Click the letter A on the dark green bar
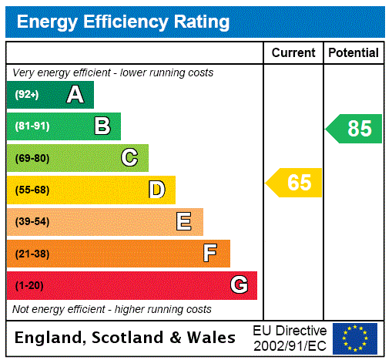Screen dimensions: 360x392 coord(75,95)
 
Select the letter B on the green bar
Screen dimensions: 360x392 coord(102,126)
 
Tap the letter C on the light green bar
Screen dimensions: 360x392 coord(129,158)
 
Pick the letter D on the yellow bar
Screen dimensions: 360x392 coord(156,190)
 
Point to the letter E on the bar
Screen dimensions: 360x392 coord(183,222)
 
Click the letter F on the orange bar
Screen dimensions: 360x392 coord(209,254)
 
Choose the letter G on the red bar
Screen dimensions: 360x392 coord(239,285)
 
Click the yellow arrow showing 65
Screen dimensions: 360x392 coord(294,183)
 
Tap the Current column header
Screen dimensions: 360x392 coord(293,53)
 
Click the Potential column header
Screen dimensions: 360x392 coord(353,53)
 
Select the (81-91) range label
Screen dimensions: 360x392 coord(32,126)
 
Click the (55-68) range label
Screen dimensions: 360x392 coord(32,190)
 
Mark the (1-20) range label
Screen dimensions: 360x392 coord(29,285)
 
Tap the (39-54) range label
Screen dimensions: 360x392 coord(32,222)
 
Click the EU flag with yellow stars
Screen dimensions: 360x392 coord(355,338)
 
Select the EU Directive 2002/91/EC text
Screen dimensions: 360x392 coord(290,338)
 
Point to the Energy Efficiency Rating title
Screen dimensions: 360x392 coord(123,22)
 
